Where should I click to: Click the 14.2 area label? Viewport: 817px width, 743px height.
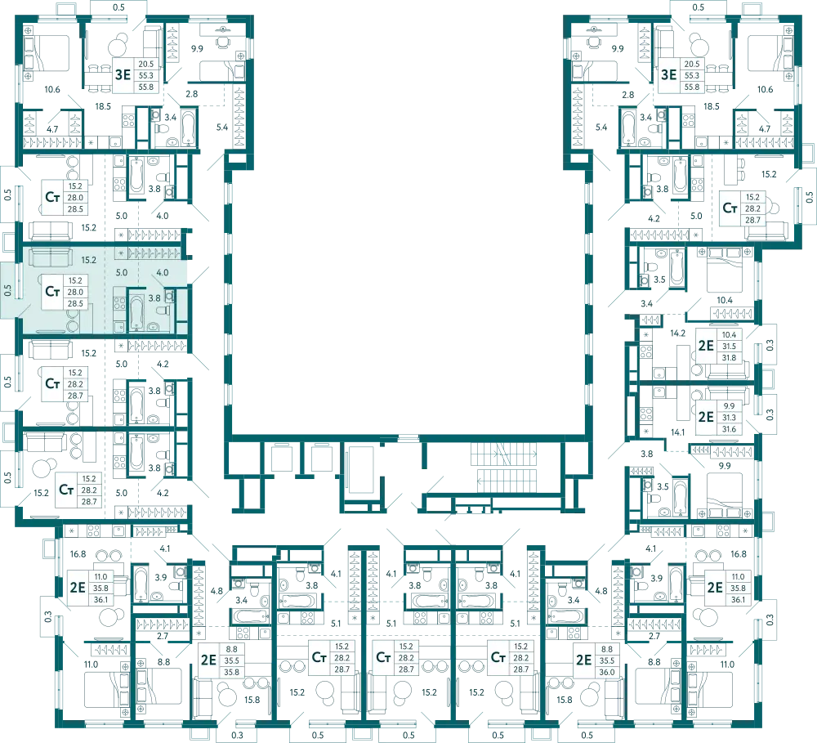677,333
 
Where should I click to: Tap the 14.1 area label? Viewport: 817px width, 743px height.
677,432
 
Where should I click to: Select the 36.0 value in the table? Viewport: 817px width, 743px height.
607,672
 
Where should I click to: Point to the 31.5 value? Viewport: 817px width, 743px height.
729,347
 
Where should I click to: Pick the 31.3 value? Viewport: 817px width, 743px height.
729,418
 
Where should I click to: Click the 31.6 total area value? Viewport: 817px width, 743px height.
729,429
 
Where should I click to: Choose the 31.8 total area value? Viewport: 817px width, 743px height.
729,358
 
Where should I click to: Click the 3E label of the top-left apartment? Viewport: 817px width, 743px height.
123,74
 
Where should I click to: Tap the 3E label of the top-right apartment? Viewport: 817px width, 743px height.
668,74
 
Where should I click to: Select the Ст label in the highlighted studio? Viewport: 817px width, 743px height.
52,291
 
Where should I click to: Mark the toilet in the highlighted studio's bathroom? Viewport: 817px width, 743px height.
163,311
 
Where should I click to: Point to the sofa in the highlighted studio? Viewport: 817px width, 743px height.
50,257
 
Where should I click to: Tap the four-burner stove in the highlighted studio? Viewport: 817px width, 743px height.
120,303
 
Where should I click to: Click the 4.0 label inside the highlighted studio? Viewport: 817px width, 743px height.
163,272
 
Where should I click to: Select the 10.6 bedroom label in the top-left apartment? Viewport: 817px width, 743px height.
52,89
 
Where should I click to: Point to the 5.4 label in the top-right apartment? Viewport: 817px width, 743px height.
601,127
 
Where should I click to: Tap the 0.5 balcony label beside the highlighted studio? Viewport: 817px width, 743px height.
8,290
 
